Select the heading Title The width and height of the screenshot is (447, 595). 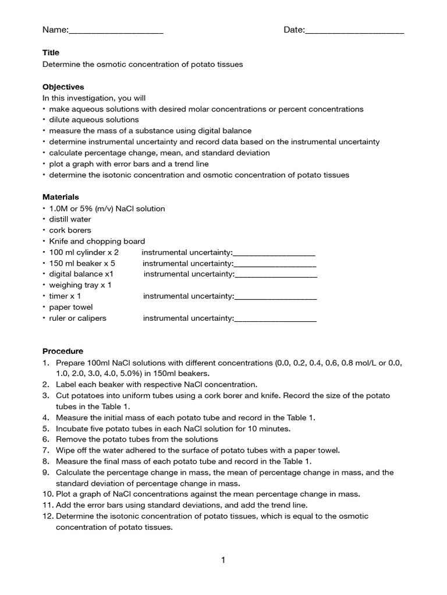coord(51,53)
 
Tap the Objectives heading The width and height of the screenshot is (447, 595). coord(63,87)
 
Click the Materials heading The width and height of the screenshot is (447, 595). coord(61,197)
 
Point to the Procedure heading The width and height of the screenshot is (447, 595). coord(63,351)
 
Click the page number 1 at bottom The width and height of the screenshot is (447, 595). coord(223,560)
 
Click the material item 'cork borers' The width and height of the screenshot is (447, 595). coord(70,230)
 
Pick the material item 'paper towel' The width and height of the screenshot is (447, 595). coord(70,307)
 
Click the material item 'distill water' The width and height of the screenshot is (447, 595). coord(70,219)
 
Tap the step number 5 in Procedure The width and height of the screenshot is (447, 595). coord(45,428)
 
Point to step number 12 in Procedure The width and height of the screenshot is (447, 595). coord(47,516)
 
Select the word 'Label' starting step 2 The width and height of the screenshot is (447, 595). coord(66,384)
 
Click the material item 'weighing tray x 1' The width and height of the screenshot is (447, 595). coord(80,285)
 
